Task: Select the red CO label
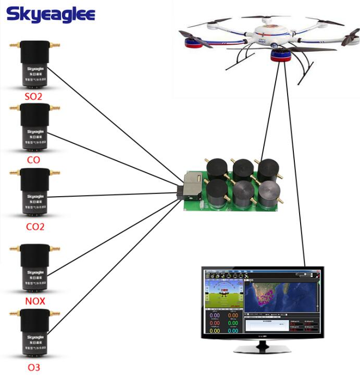33,160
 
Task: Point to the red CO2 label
35,227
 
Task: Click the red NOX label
35,301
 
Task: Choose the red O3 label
34,368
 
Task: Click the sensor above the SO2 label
35,66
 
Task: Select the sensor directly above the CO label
35,128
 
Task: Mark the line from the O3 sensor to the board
115,261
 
